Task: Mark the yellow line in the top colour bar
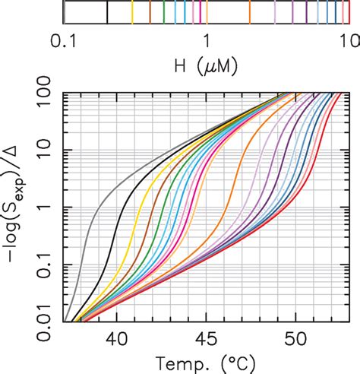tap(132, 13)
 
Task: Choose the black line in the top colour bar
tap(107, 13)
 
